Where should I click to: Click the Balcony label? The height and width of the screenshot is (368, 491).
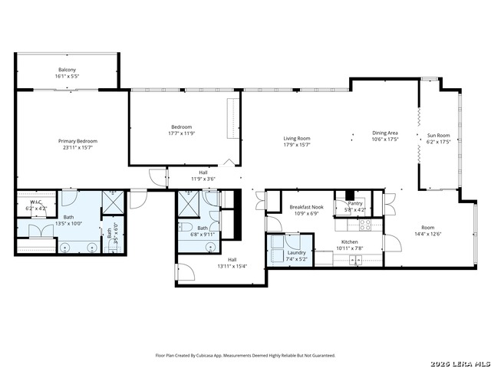coord(68,69)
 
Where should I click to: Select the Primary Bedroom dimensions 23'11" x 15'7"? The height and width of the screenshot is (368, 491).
coord(78,148)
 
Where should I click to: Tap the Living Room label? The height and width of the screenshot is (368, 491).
coord(296,138)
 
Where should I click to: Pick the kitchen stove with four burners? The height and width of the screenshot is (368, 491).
coord(365,225)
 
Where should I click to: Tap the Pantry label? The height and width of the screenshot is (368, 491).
coord(354,203)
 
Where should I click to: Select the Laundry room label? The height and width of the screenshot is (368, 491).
coord(297,252)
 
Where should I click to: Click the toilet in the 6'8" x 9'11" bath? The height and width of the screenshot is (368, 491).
coord(186,228)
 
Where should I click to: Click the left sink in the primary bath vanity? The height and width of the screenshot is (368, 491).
coord(66,247)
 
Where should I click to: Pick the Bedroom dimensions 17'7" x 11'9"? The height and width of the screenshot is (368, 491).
coord(181,133)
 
